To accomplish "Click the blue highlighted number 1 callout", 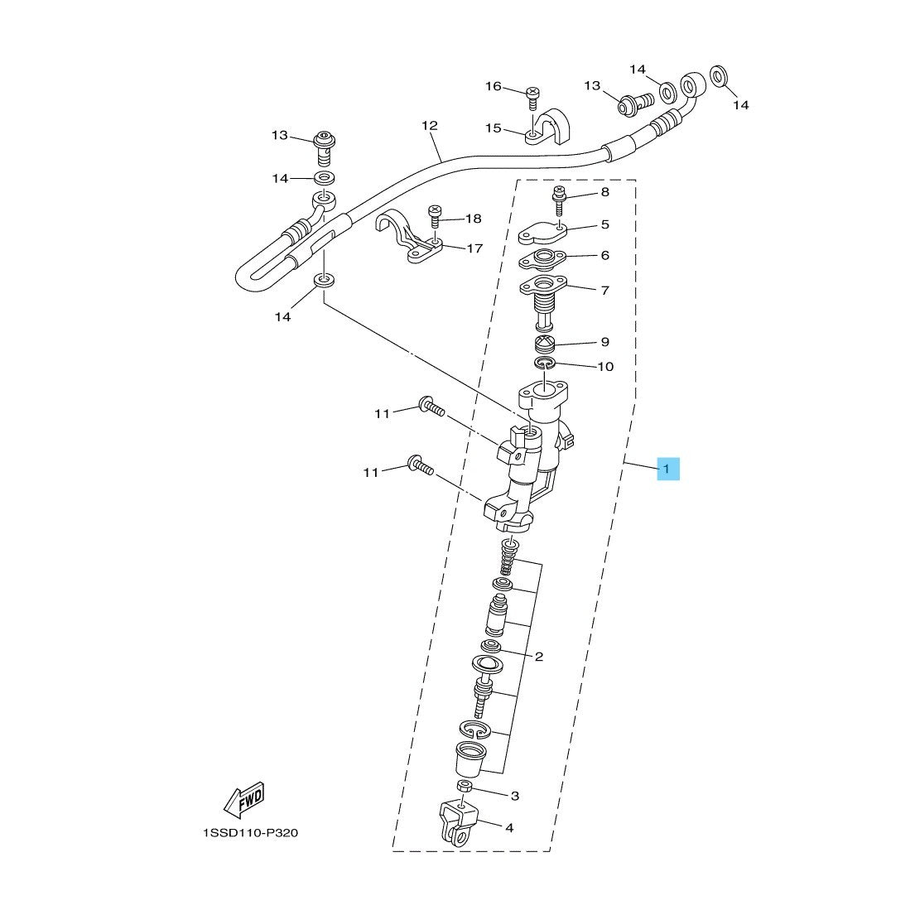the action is click(668, 469).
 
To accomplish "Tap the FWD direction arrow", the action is click(244, 799).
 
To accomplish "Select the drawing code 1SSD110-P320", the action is click(250, 833).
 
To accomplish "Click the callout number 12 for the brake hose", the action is click(430, 126).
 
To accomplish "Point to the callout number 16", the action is click(493, 86).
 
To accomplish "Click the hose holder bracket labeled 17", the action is click(408, 238).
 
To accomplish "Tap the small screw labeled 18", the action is click(434, 216).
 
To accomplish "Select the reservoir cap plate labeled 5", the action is click(542, 232).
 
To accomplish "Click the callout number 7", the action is click(605, 290).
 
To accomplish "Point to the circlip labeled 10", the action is click(545, 364).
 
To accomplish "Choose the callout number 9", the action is click(605, 342).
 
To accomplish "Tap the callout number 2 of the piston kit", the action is click(538, 657).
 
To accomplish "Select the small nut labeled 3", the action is click(464, 785).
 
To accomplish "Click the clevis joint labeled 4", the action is click(459, 824).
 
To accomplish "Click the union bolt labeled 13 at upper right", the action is click(635, 104).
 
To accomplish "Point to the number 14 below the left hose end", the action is click(282, 317).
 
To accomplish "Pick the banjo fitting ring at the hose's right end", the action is click(693, 85).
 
